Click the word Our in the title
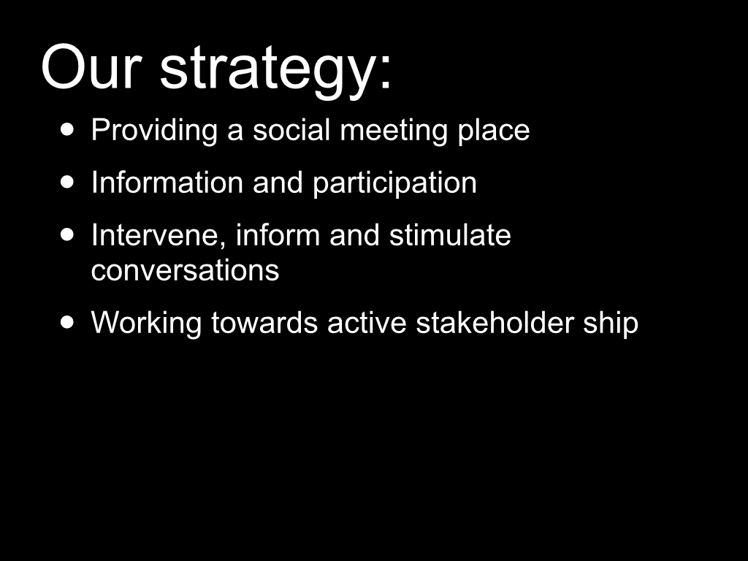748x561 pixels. click(x=91, y=66)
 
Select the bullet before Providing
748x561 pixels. click(x=68, y=129)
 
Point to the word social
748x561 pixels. click(x=291, y=130)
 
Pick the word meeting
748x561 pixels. click(x=394, y=130)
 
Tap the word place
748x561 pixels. click(x=494, y=130)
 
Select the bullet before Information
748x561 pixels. click(x=68, y=182)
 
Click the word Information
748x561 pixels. click(x=167, y=182)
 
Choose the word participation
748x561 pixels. click(x=394, y=183)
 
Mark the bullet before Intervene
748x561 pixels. click(x=68, y=234)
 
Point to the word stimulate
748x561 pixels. click(x=450, y=234)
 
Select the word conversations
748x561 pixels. click(x=185, y=270)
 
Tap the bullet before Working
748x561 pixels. click(x=68, y=322)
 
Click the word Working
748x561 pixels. click(x=146, y=323)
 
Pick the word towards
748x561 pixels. click(x=264, y=322)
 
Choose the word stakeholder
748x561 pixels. click(x=495, y=322)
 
